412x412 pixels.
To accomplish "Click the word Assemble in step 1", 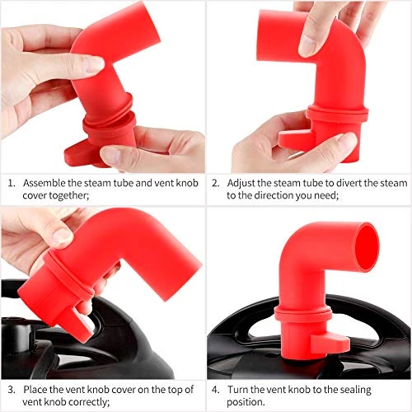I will pyautogui.click(x=44, y=182).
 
